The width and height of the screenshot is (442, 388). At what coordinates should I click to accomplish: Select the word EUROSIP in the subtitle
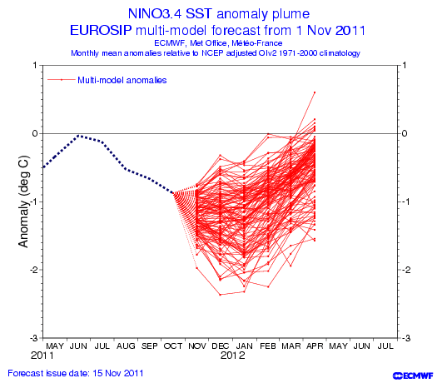(x=101, y=30)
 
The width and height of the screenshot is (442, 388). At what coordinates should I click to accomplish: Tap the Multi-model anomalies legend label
(x=122, y=81)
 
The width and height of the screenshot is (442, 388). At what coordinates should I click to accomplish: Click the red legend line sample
(x=61, y=80)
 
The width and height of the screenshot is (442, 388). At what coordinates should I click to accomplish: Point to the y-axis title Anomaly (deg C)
(x=24, y=201)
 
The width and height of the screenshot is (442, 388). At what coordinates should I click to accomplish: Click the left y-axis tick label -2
(x=35, y=270)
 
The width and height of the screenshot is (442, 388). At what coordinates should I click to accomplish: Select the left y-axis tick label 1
(x=35, y=65)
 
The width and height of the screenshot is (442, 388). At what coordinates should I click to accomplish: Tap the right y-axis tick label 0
(x=405, y=133)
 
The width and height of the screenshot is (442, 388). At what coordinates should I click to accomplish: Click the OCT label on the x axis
(x=173, y=346)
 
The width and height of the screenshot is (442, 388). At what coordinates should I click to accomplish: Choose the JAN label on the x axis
(x=244, y=346)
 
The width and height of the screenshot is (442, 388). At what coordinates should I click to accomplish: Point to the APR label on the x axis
(x=315, y=346)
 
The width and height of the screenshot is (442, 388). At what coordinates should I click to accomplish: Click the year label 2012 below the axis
(x=233, y=356)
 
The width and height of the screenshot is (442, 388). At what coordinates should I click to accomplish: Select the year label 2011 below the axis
(x=42, y=356)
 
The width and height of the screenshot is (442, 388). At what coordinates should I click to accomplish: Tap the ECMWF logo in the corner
(x=413, y=376)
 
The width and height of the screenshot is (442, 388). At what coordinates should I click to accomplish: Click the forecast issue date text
(x=76, y=373)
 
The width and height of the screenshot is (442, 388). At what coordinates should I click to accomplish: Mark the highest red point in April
(x=315, y=92)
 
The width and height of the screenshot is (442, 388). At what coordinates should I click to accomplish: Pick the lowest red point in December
(x=220, y=295)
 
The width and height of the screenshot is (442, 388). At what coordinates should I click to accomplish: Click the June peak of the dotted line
(x=78, y=136)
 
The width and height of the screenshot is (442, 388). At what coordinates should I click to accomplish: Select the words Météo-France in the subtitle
(x=257, y=43)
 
